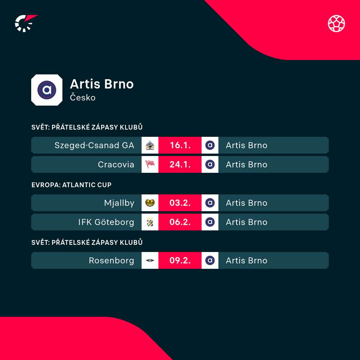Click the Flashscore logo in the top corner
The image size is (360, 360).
[25, 23]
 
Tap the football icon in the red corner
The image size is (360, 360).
[336, 24]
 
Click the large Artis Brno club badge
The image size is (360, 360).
[47, 90]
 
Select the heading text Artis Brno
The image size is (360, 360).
[102, 84]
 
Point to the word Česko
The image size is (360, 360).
[83, 97]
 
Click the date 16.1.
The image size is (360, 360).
[180, 145]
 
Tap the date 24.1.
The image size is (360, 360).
[180, 164]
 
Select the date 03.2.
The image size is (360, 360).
[180, 203]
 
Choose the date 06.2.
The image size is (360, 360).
[180, 222]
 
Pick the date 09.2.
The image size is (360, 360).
[180, 260]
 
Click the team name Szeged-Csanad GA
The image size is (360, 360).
[94, 145]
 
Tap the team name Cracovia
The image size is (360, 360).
[116, 164]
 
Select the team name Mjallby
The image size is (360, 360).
[119, 203]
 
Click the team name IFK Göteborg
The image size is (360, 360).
[106, 222]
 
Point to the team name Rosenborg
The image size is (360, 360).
[112, 260]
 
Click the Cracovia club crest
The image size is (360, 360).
[150, 164]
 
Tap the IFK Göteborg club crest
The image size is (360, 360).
[150, 222]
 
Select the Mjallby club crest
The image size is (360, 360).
[150, 203]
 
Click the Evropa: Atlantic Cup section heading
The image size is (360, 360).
[72, 185]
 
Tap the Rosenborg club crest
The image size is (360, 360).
[150, 260]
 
